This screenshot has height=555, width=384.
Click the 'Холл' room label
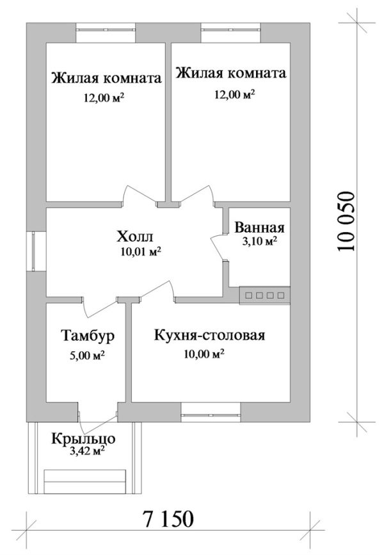(136, 235)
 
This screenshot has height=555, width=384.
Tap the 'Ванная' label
(259, 228)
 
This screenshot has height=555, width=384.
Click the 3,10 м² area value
(259, 242)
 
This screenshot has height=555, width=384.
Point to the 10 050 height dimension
(346, 222)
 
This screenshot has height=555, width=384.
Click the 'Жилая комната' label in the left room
(106, 79)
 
